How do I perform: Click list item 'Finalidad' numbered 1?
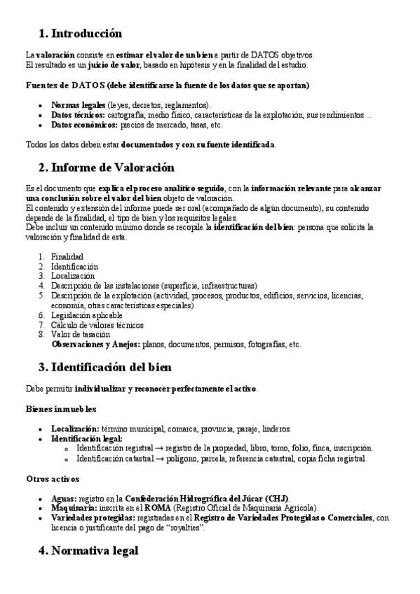pyautogui.click(x=67, y=257)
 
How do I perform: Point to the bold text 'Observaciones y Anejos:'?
pyautogui.click(x=95, y=345)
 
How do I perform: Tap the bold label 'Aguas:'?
pyautogui.click(x=64, y=497)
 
